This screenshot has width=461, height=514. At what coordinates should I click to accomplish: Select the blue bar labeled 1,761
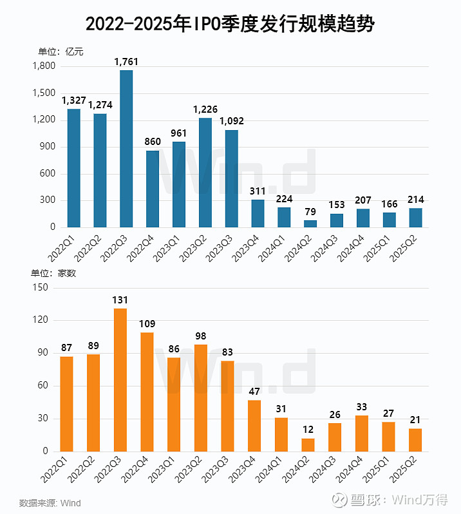[x=126, y=149]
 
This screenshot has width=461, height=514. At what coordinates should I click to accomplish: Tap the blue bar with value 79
[x=310, y=224]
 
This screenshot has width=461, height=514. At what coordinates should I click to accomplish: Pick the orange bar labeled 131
[x=120, y=380]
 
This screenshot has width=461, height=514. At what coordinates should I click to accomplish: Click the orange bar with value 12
[x=308, y=445]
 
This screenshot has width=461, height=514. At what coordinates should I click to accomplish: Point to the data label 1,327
[x=74, y=100]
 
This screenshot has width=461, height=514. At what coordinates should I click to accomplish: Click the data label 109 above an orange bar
[x=147, y=324]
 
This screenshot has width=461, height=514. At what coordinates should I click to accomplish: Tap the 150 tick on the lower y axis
[x=41, y=288]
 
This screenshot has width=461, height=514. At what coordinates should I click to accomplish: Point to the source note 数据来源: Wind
[x=50, y=502]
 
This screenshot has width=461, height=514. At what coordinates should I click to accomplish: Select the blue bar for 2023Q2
[x=205, y=173]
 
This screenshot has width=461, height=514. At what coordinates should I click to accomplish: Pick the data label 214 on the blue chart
[x=415, y=200]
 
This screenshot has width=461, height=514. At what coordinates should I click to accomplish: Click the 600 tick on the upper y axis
[x=48, y=174]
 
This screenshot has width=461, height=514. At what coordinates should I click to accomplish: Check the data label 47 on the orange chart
[x=254, y=392]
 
